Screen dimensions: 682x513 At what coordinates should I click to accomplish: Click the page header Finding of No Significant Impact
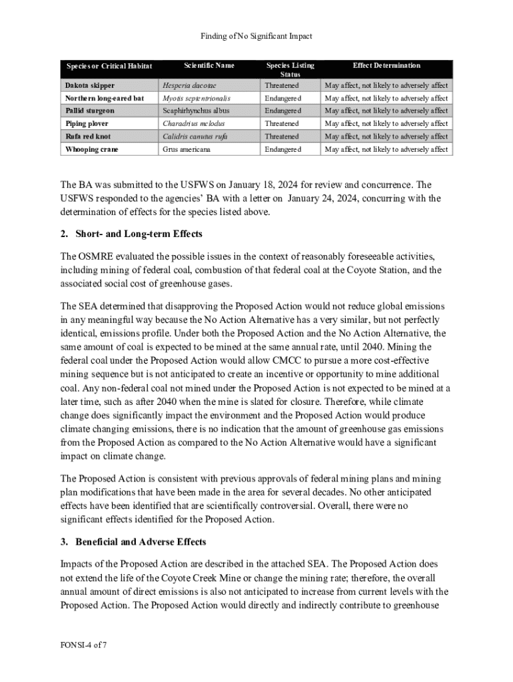[x=256, y=36]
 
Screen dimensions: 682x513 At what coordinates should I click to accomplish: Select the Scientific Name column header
[x=209, y=65]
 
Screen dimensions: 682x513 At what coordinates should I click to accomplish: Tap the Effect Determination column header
[x=386, y=65]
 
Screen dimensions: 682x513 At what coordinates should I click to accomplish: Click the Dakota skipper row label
[x=90, y=85]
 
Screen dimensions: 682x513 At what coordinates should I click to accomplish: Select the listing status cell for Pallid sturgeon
[x=283, y=111]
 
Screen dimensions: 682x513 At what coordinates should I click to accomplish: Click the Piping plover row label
[x=87, y=124]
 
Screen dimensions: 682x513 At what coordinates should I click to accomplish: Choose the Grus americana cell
[x=187, y=149]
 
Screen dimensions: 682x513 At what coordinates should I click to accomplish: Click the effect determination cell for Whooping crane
[x=386, y=149]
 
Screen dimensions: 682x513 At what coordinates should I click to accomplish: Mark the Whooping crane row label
[x=92, y=149]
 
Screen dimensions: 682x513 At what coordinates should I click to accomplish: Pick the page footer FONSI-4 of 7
[x=83, y=645]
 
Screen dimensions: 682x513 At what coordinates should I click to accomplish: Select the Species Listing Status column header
[x=290, y=70]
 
